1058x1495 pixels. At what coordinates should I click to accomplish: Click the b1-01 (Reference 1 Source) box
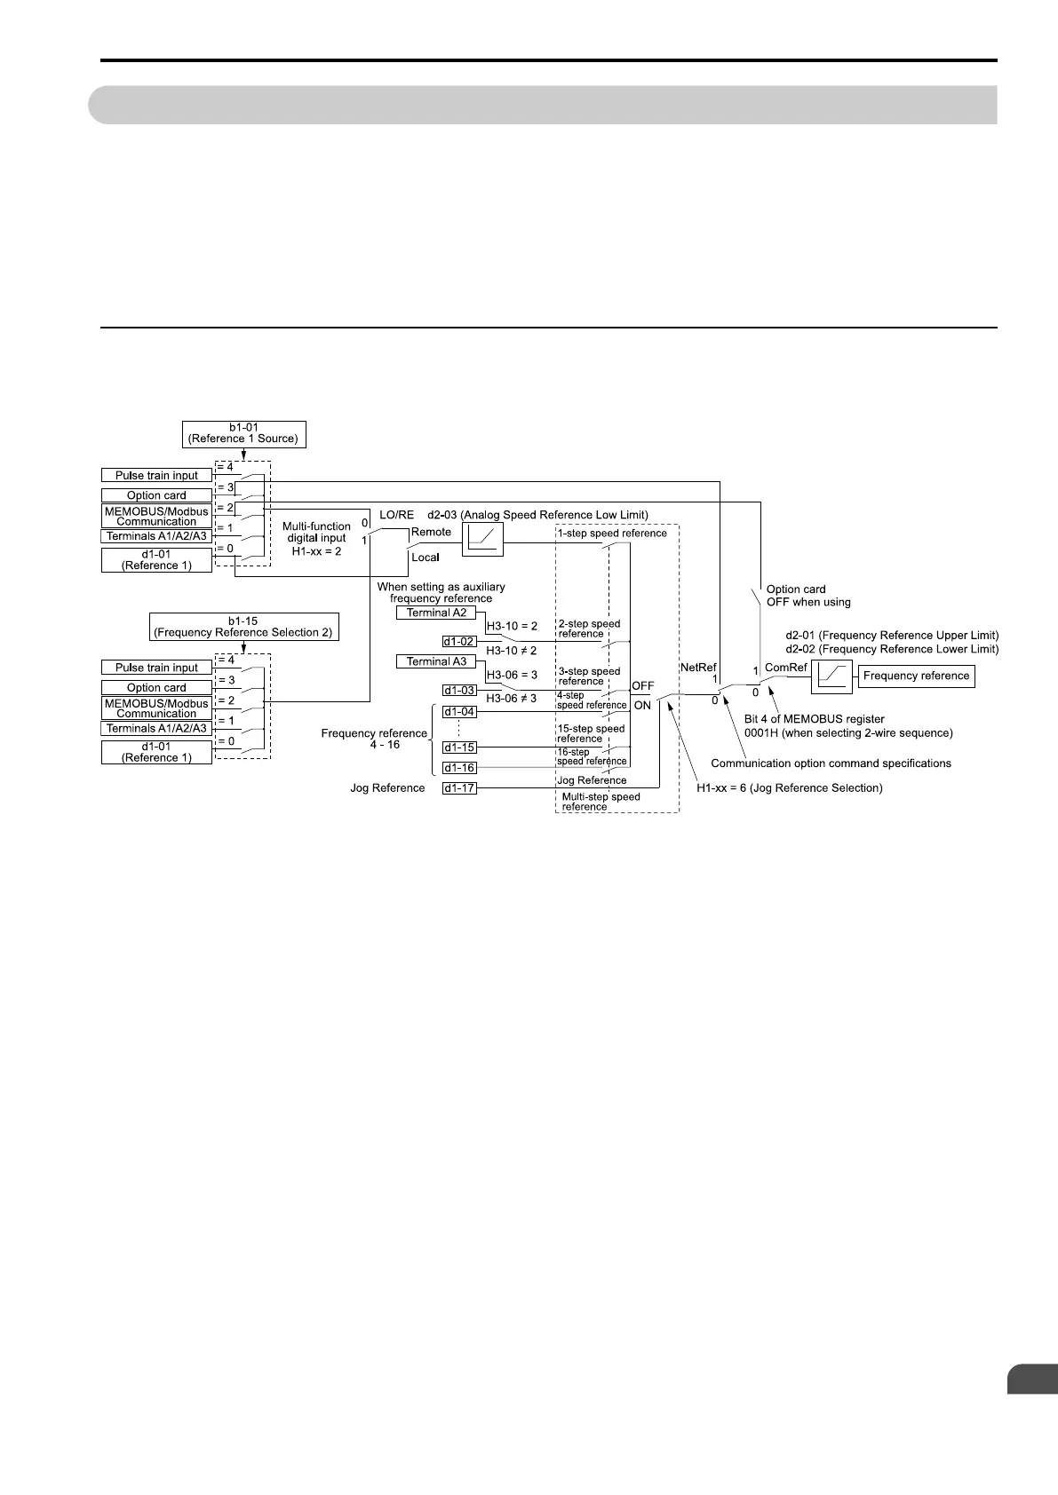(x=243, y=433)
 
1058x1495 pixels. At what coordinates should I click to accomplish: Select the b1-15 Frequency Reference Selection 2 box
(x=243, y=627)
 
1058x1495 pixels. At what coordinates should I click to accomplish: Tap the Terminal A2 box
(x=436, y=613)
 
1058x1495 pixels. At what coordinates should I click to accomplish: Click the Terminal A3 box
(x=436, y=661)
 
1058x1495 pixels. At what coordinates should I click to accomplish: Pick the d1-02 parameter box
(x=459, y=641)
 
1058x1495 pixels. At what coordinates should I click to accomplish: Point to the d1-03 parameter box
(x=459, y=690)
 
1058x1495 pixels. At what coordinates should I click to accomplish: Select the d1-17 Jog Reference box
(x=459, y=787)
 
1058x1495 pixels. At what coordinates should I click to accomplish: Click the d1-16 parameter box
(x=459, y=768)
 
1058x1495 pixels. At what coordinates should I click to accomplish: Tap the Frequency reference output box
(x=916, y=676)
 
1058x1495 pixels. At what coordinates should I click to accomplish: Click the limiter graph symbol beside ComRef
(x=831, y=677)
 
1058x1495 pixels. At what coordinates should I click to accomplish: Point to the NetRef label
(x=698, y=667)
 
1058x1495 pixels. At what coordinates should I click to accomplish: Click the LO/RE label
(x=396, y=515)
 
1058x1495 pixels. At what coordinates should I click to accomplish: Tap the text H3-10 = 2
(x=512, y=626)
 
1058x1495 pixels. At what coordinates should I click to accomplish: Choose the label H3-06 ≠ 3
(x=512, y=699)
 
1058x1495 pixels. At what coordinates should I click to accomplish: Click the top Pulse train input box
(x=156, y=476)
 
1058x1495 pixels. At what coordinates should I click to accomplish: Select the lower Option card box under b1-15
(x=156, y=688)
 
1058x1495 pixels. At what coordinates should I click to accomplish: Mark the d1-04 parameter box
(x=459, y=712)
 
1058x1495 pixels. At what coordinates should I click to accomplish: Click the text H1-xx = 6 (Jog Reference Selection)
(x=790, y=788)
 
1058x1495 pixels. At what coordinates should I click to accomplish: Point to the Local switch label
(x=426, y=558)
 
